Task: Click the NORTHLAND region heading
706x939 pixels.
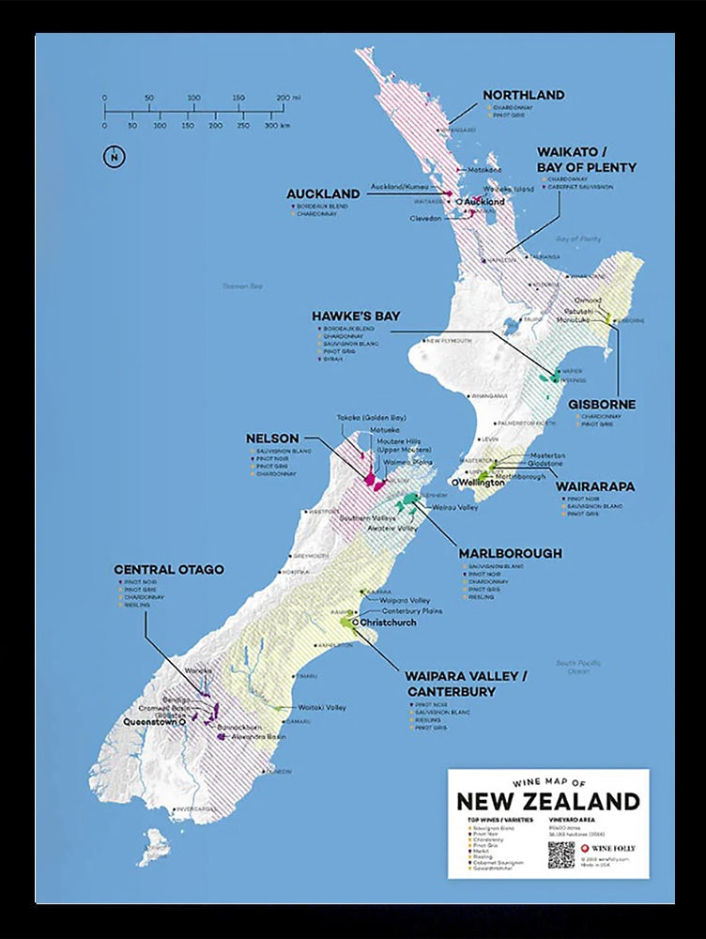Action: click(x=523, y=95)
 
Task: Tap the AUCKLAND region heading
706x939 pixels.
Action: click(x=323, y=193)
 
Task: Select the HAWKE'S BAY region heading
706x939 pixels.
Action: click(x=356, y=316)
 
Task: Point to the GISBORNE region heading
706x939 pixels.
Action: click(x=602, y=405)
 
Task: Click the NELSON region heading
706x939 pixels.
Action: click(x=272, y=439)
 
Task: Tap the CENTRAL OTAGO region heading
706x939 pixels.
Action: click(x=169, y=569)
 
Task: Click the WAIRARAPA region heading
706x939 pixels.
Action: click(x=595, y=486)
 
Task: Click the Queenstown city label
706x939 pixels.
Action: click(x=150, y=723)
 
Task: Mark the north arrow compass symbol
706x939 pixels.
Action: click(x=114, y=157)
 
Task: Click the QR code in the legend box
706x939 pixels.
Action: click(x=560, y=854)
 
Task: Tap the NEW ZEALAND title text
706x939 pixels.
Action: click(x=547, y=801)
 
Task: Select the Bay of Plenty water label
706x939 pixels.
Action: click(x=577, y=239)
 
